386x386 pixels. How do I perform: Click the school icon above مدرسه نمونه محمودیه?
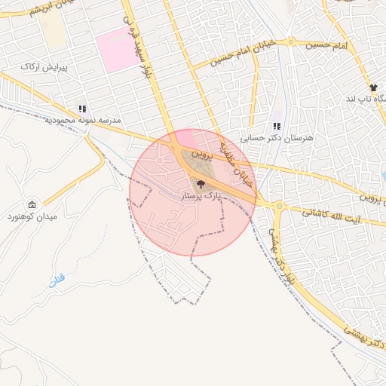pyautogui.click(x=82, y=108)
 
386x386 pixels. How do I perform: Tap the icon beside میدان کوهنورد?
pyautogui.click(x=32, y=205)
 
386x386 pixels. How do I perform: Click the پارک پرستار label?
pyautogui.click(x=200, y=196)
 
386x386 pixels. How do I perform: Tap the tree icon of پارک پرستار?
pyautogui.click(x=200, y=184)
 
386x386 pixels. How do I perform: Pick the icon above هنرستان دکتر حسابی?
pyautogui.click(x=277, y=127)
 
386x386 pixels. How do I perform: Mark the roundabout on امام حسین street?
pyautogui.click(x=290, y=41)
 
